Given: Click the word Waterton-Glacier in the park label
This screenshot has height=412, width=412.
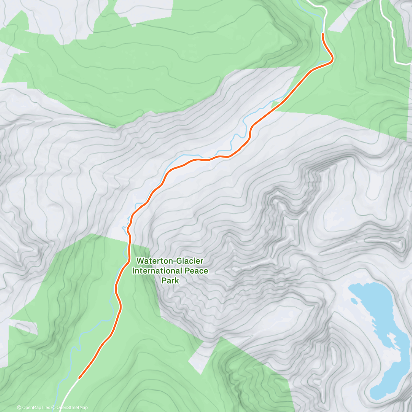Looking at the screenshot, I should tap(170, 261).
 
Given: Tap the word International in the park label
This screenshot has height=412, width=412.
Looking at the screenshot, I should tap(156, 271).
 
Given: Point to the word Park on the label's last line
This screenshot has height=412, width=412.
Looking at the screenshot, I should tap(170, 281).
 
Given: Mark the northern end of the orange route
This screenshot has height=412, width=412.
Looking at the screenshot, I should tap(323, 34).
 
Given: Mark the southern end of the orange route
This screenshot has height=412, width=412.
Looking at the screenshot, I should tap(79, 378).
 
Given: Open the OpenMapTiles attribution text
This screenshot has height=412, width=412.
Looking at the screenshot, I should tap(35, 408).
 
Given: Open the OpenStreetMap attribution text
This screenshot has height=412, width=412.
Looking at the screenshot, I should tap(72, 408).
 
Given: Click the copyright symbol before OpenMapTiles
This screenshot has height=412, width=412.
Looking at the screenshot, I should tap(19, 408).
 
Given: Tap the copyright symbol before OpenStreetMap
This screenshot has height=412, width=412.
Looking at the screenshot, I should tap(54, 408).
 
